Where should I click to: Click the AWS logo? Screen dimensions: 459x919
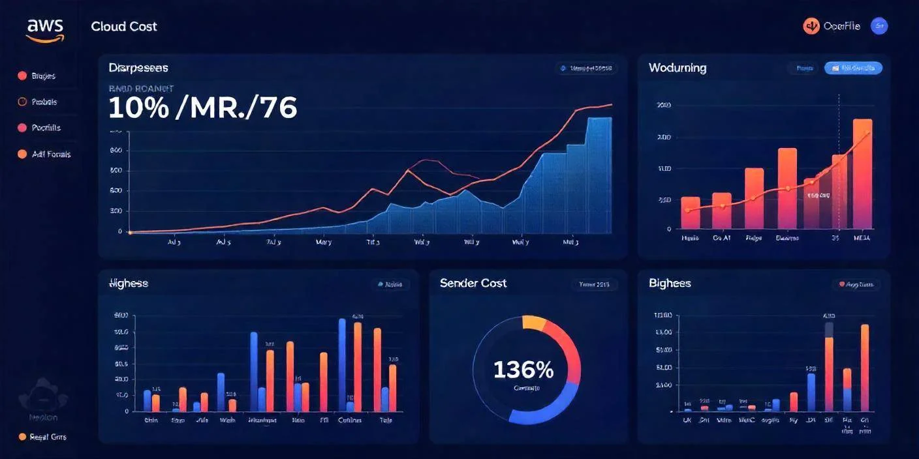tap(44, 29)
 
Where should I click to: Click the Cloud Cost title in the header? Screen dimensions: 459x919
tap(124, 27)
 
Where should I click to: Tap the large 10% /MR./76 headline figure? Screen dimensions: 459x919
tap(202, 108)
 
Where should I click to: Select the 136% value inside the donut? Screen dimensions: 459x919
tap(523, 370)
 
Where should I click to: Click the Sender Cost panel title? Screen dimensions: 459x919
tap(473, 283)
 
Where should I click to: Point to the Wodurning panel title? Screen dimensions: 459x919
tap(678, 68)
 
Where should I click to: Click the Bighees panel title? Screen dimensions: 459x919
tap(670, 283)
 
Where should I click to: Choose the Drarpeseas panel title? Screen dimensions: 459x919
tap(138, 68)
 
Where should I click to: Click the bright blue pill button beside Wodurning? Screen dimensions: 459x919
tap(853, 68)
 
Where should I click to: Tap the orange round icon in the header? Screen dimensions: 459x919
tap(811, 26)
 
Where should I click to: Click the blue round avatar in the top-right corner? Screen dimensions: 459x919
tap(879, 26)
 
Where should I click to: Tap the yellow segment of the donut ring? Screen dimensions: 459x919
tap(534, 321)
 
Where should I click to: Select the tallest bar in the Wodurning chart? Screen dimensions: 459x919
tap(862, 173)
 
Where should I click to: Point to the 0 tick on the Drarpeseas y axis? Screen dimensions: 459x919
tap(120, 231)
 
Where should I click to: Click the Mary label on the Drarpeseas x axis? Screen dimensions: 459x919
tap(323, 242)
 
